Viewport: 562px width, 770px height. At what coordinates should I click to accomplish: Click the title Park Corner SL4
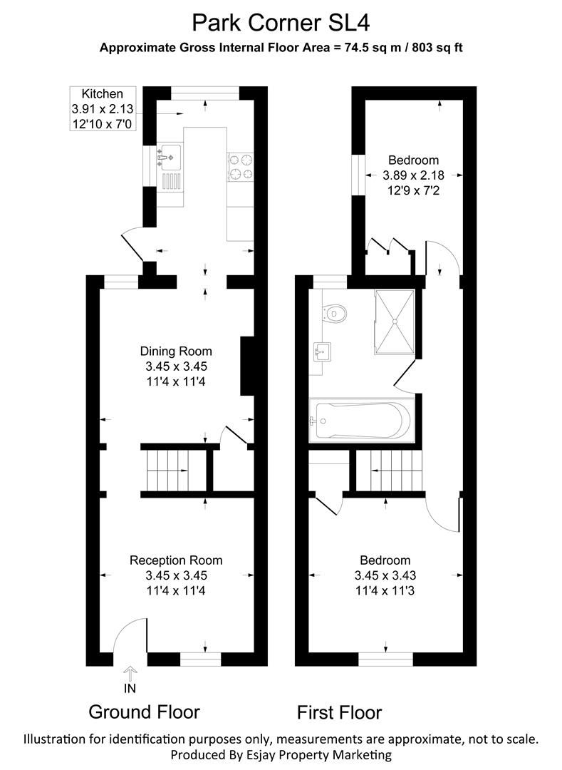281,23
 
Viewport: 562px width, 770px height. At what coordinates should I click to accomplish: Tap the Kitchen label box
103,108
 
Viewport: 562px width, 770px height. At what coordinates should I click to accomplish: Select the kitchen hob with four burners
240,167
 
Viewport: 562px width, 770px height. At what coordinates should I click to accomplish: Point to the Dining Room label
176,366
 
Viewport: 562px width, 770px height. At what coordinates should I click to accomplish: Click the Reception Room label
176,575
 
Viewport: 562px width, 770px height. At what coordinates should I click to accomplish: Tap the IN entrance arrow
130,673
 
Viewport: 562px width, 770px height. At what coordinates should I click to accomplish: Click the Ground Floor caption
144,712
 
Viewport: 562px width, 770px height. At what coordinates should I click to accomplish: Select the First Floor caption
339,712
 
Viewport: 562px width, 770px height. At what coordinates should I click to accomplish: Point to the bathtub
362,421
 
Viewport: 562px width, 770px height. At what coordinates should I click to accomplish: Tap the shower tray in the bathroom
395,321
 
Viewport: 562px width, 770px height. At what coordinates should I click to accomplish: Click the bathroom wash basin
322,352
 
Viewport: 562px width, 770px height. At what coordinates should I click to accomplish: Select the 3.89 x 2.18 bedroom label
413,175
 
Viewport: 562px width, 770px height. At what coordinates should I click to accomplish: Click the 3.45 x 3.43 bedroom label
385,575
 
